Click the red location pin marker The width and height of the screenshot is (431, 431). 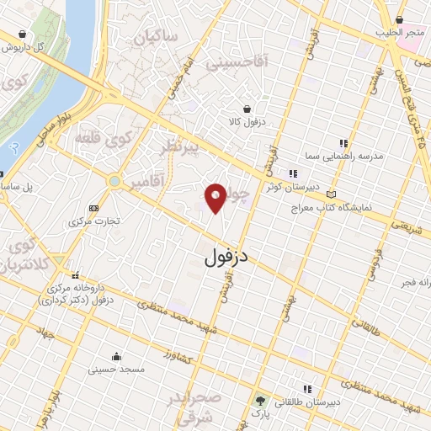pos(216,197)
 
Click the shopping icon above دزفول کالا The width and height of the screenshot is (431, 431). pos(246,109)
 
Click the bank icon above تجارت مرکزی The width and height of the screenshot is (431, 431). pos(93,208)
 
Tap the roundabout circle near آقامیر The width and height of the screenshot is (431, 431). pos(114,181)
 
